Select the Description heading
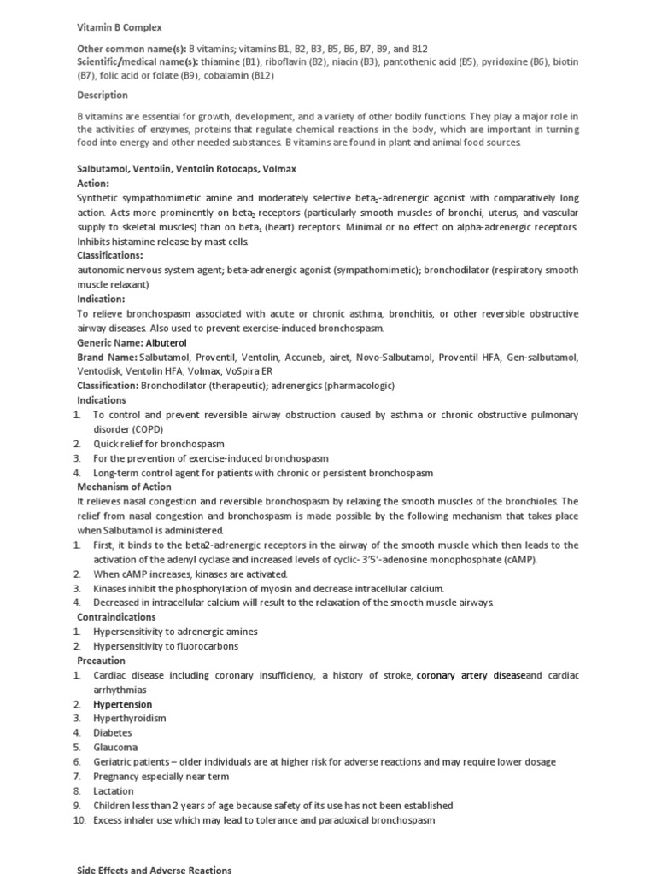(102, 95)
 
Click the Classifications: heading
(110, 255)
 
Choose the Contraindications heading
(116, 616)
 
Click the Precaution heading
(101, 661)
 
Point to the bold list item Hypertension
(123, 704)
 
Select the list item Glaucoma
(115, 748)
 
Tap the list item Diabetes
(113, 733)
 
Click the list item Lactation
(114, 791)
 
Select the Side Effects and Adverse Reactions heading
(154, 870)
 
